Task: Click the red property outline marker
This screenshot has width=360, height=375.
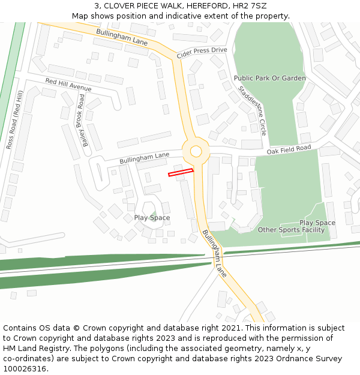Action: [x=181, y=173]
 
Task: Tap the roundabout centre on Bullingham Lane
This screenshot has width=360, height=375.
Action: [x=196, y=151]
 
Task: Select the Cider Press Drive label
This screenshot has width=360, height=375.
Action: [x=202, y=53]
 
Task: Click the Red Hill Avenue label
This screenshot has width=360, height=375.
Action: [x=68, y=85]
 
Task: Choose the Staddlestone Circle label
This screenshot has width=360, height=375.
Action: [x=252, y=110]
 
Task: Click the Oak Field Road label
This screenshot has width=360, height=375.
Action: [x=289, y=149]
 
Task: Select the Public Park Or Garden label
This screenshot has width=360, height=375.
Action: [x=269, y=78]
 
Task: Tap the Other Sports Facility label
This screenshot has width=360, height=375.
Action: [x=291, y=230]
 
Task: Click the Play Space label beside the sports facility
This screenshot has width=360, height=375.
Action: [x=317, y=223]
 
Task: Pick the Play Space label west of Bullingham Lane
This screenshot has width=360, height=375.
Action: [x=152, y=218]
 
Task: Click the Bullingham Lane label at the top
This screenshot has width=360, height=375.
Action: [x=122, y=37]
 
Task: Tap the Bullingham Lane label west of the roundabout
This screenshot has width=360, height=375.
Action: [x=144, y=158]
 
